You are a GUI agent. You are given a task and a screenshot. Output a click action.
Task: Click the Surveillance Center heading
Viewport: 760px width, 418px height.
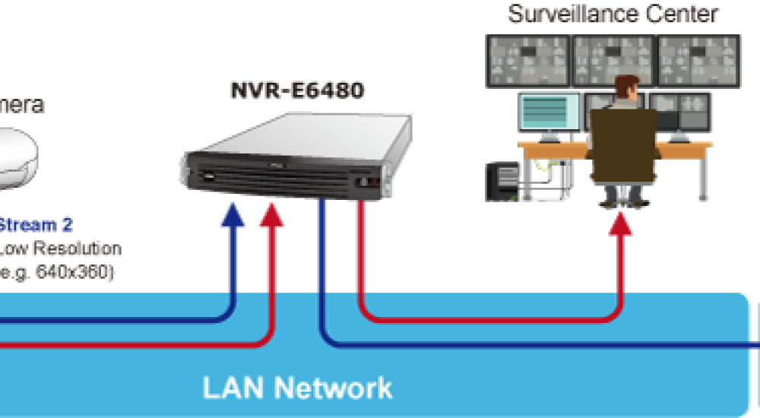click(613, 14)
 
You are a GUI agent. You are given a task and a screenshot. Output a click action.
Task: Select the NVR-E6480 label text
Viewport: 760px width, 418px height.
click(298, 90)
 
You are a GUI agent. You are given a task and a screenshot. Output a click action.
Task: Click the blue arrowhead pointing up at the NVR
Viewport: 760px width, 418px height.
click(233, 216)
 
